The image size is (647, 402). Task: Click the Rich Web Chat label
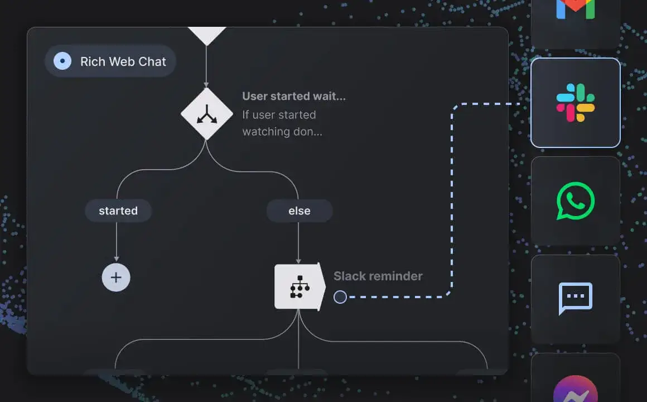pyautogui.click(x=123, y=61)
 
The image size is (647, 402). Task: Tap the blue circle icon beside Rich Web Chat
pyautogui.click(x=62, y=61)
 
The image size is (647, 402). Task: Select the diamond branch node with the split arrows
pyautogui.click(x=207, y=114)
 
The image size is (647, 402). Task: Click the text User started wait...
pyautogui.click(x=294, y=96)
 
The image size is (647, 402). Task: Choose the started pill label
pyautogui.click(x=118, y=210)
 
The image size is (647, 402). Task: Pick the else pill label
pyautogui.click(x=300, y=210)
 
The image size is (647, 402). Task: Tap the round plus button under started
pyautogui.click(x=116, y=277)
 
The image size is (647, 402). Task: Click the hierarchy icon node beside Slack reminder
pyautogui.click(x=300, y=287)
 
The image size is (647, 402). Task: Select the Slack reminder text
pyautogui.click(x=378, y=276)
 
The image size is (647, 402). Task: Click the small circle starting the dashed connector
pyautogui.click(x=340, y=296)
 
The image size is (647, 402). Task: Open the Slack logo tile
pyautogui.click(x=575, y=103)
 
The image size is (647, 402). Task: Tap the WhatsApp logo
pyautogui.click(x=575, y=201)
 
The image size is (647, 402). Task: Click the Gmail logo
pyautogui.click(x=575, y=9)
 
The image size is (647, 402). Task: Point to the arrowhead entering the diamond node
pyautogui.click(x=206, y=85)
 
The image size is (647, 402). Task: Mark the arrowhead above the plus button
pyautogui.click(x=117, y=259)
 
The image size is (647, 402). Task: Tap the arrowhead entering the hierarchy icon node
pyautogui.click(x=298, y=261)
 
